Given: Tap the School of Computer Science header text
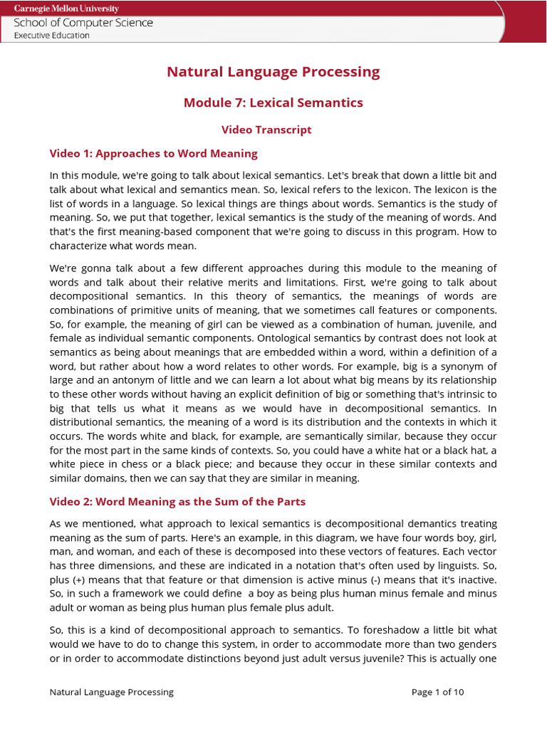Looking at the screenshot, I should [83, 23].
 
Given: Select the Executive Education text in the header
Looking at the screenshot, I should [52, 36].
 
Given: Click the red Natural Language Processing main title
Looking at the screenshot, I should [273, 72].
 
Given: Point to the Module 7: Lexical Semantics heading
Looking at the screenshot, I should [273, 103].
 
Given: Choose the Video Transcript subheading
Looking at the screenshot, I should [266, 130].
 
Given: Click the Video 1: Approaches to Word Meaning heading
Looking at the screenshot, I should [153, 154].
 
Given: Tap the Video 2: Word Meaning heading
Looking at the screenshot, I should [177, 502].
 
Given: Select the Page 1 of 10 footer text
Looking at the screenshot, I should [437, 692].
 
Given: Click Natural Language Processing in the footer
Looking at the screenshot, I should [111, 692].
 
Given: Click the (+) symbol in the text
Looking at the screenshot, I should [83, 579].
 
